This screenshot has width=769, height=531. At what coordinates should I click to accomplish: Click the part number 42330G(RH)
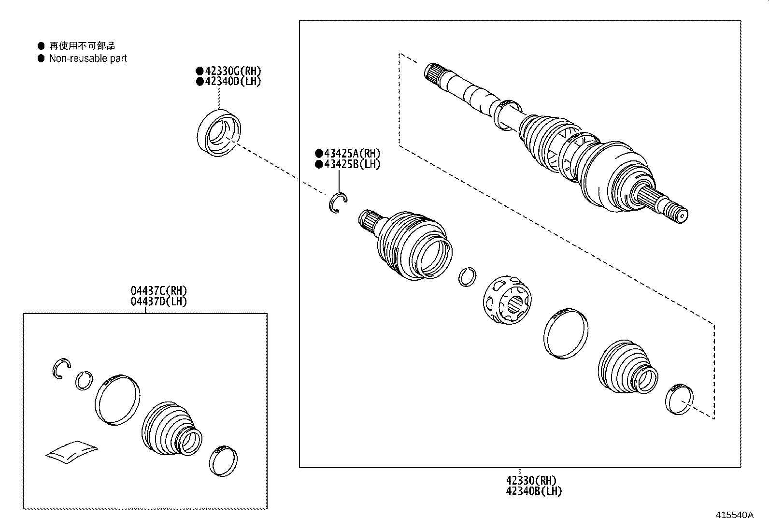[x=231, y=71]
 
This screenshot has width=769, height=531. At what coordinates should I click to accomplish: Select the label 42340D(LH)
[x=231, y=81]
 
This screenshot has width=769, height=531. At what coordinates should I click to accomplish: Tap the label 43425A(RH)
[x=351, y=154]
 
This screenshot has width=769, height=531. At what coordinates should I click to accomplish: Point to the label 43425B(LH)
[x=351, y=164]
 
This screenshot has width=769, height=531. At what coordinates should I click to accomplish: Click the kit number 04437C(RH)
[x=158, y=291]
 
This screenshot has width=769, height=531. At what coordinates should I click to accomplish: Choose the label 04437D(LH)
[x=158, y=301]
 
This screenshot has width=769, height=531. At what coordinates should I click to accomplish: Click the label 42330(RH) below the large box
[x=531, y=481]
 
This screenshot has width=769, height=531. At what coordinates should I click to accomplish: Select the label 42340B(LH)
[x=534, y=491]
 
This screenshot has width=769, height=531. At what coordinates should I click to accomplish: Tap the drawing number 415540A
[x=734, y=515]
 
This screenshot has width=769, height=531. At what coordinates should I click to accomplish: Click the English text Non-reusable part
[x=88, y=58]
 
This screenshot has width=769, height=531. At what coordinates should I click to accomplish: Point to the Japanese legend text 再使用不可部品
[x=83, y=46]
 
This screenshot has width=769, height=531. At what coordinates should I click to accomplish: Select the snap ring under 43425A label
[x=339, y=202]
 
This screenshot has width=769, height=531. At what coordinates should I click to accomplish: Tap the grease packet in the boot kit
[x=71, y=451]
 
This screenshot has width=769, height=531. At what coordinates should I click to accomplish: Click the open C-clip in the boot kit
[x=61, y=369]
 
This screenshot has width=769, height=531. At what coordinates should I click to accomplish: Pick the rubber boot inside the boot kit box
[x=169, y=428]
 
